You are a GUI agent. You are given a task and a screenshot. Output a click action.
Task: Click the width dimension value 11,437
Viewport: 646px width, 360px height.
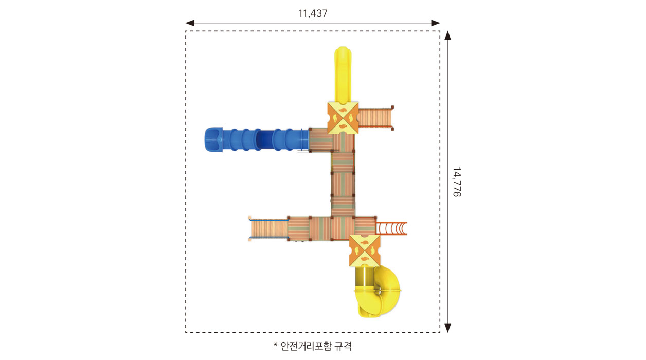tap(313, 13)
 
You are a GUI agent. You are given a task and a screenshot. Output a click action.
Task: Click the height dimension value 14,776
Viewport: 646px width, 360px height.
tap(457, 182)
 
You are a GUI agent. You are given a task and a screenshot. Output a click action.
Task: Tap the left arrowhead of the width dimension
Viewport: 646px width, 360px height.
tap(190, 23)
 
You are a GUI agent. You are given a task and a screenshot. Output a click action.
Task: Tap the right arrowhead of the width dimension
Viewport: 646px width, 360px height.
tap(436, 23)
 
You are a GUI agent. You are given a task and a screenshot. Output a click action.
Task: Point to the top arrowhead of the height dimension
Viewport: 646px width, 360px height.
tap(447, 35)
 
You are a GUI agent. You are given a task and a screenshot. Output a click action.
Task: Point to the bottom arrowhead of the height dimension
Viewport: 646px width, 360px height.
tap(447, 328)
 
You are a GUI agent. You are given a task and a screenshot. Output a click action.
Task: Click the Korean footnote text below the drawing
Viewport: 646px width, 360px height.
tap(313, 346)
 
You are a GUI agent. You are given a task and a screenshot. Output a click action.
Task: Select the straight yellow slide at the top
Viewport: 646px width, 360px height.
tap(343, 75)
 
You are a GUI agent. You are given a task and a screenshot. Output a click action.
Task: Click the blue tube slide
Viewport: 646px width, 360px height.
tap(257, 139)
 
